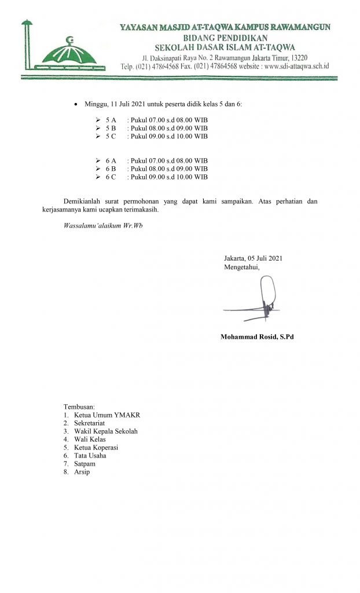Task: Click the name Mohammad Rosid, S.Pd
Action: [x=257, y=337]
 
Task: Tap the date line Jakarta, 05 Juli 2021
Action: [x=253, y=258]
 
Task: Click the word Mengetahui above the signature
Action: [x=241, y=267]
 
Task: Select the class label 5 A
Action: [x=111, y=119]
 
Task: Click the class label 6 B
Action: [x=111, y=169]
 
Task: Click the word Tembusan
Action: [x=79, y=407]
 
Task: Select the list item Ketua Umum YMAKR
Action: [x=103, y=415]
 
